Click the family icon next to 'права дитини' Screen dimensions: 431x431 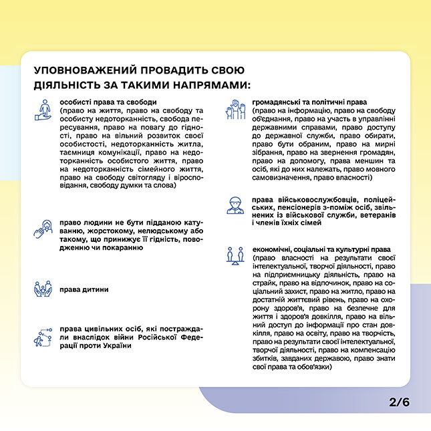(x=43, y=289)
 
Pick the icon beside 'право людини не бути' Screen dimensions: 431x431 (x=43, y=230)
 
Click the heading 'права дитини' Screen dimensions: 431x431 (x=84, y=289)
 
